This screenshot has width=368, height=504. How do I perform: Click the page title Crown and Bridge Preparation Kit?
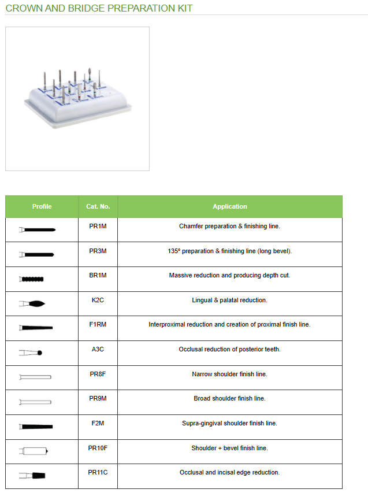tap(99, 8)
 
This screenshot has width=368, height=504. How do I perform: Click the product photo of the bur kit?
tap(77, 98)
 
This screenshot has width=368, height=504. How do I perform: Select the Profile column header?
tap(42, 206)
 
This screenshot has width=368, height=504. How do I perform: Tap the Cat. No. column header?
tap(98, 206)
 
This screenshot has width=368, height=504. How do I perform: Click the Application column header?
tap(229, 206)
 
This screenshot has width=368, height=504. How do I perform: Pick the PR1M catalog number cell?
tap(98, 226)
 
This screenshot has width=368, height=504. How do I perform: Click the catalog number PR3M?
tap(98, 251)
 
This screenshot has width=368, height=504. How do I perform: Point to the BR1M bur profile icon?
tap(32, 279)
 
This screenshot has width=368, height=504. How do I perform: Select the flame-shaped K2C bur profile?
tap(32, 303)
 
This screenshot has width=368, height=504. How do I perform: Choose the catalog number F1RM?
tap(98, 324)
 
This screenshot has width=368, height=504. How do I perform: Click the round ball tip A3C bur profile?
tap(31, 353)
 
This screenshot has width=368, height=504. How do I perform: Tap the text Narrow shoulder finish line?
tap(229, 374)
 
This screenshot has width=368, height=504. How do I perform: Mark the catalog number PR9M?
tap(98, 398)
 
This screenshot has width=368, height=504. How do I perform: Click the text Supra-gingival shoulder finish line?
tap(229, 423)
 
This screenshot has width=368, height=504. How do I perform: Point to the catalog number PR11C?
tap(98, 472)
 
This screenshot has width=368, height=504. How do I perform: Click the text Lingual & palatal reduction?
tap(229, 300)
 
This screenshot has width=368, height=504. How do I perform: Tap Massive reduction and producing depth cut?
tap(229, 275)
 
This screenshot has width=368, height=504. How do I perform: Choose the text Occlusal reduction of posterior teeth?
tap(229, 349)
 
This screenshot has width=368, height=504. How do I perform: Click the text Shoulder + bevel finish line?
tap(229, 448)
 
